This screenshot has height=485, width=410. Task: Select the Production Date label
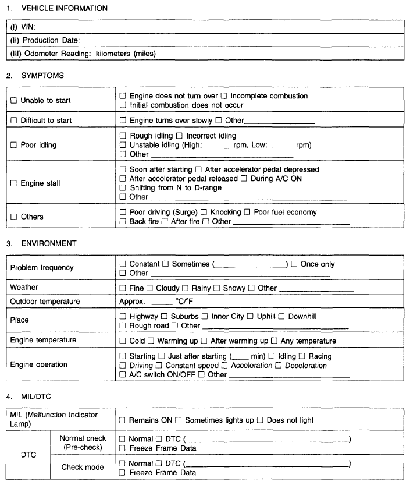click(x=45, y=40)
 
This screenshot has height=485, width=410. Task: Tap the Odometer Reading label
click(x=83, y=54)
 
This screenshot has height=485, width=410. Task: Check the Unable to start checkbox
click(x=13, y=101)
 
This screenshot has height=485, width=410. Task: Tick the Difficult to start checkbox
click(x=13, y=121)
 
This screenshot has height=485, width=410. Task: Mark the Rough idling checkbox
click(x=123, y=136)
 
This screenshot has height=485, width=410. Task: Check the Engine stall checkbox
click(x=13, y=183)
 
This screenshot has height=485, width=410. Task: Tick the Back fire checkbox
click(x=123, y=222)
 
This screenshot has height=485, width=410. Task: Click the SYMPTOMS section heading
click(x=34, y=76)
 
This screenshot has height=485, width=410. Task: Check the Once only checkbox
click(x=294, y=264)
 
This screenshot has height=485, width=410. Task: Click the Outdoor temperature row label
click(x=45, y=302)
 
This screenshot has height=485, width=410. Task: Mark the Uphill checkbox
click(x=250, y=316)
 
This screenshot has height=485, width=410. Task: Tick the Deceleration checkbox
click(x=279, y=366)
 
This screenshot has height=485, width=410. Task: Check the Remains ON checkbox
click(x=123, y=420)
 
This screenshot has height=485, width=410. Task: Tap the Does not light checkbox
click(x=261, y=420)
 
